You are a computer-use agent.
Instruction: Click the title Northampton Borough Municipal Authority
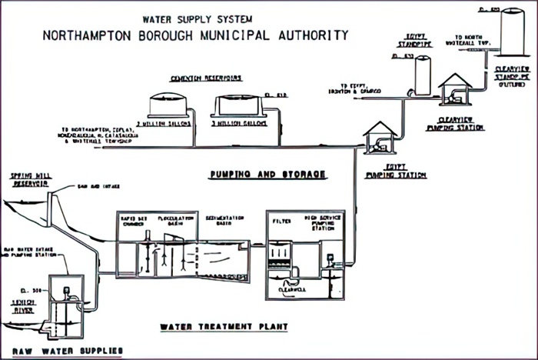click(x=196, y=35)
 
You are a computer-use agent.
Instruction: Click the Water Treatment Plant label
click(x=224, y=326)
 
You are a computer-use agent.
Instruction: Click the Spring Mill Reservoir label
click(x=31, y=179)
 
